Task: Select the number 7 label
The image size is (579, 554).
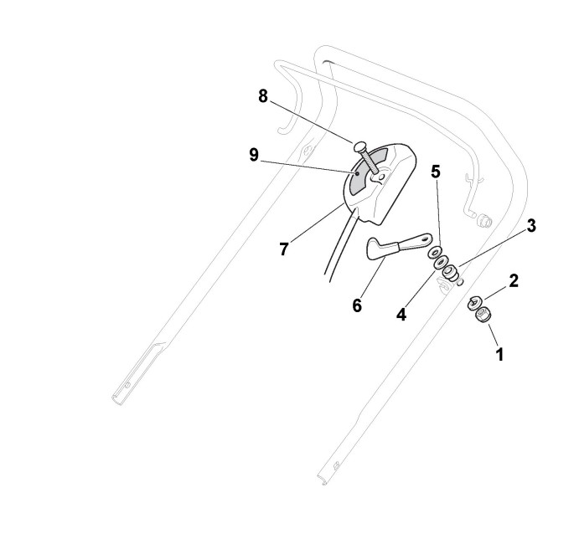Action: point(285,249)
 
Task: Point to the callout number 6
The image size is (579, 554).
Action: point(357,305)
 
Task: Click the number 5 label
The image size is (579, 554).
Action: point(435,172)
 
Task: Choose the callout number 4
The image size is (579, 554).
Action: point(401,315)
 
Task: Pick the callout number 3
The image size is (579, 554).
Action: point(531,225)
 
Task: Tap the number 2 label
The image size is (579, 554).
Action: point(514,280)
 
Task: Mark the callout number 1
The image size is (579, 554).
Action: point(500,354)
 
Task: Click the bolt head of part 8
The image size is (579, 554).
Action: point(359,146)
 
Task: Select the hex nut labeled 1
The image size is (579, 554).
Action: point(482,318)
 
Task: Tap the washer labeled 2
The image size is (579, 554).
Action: point(474,302)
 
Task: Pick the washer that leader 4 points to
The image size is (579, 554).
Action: point(441,263)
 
